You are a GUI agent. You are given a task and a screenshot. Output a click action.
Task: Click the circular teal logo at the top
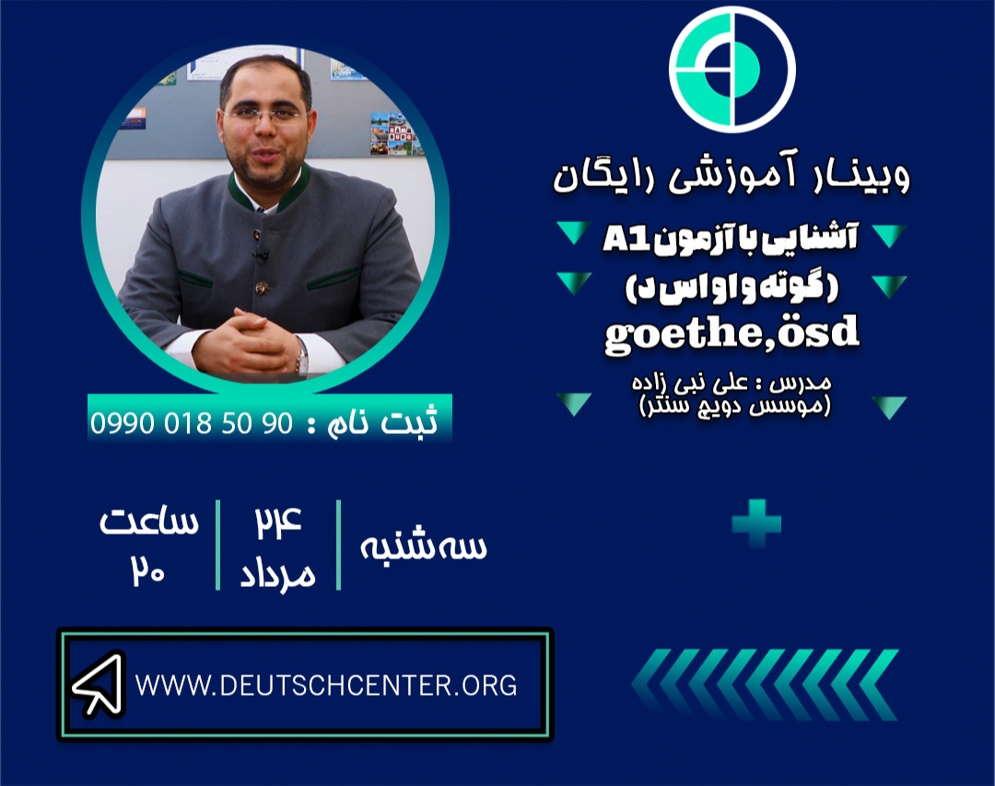point(732,69)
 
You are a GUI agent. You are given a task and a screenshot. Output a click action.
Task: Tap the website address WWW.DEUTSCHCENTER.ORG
point(325,686)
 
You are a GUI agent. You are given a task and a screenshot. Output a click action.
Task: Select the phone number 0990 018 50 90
point(191,423)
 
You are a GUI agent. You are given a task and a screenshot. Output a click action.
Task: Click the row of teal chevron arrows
point(765,684)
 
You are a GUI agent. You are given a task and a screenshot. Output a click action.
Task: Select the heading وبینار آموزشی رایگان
point(732,175)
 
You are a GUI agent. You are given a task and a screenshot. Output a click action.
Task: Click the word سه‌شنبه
point(424,546)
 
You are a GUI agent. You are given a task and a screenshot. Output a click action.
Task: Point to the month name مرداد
point(277,573)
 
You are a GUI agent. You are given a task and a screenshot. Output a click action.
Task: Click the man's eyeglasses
point(264,114)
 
